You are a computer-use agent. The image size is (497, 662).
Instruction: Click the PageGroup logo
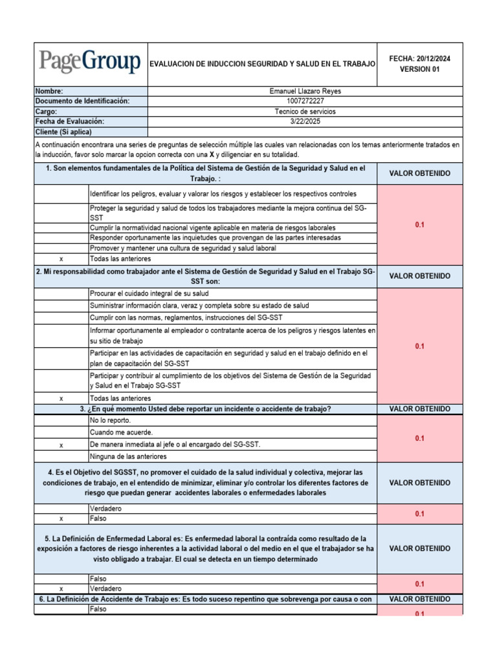point(90,63)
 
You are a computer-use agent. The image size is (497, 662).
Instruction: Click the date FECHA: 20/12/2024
point(419,59)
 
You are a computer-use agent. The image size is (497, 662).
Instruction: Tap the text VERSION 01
point(419,69)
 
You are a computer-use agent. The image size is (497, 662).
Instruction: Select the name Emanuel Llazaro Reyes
point(305,91)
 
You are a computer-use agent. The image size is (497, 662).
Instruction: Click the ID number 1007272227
point(305,101)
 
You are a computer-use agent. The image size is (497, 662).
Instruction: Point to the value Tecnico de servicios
point(305,111)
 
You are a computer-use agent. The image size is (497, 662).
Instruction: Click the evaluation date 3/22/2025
point(305,122)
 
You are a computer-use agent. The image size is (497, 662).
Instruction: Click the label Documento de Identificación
point(82,101)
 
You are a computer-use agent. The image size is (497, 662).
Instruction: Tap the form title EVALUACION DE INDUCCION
point(262,64)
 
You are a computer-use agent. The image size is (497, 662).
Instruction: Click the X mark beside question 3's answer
point(61,445)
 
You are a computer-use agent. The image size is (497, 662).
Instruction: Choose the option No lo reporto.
point(110,420)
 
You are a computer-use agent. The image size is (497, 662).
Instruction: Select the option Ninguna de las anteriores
point(128,456)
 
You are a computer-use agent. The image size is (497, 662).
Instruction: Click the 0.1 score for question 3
point(419,438)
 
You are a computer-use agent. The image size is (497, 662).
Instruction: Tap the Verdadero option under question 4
point(105,509)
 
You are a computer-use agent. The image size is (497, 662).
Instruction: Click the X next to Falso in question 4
point(61,518)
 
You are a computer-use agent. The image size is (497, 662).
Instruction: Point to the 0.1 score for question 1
point(419,224)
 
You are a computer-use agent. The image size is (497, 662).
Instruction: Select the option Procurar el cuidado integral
point(149,294)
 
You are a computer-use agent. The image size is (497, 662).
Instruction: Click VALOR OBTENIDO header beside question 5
point(419,549)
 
